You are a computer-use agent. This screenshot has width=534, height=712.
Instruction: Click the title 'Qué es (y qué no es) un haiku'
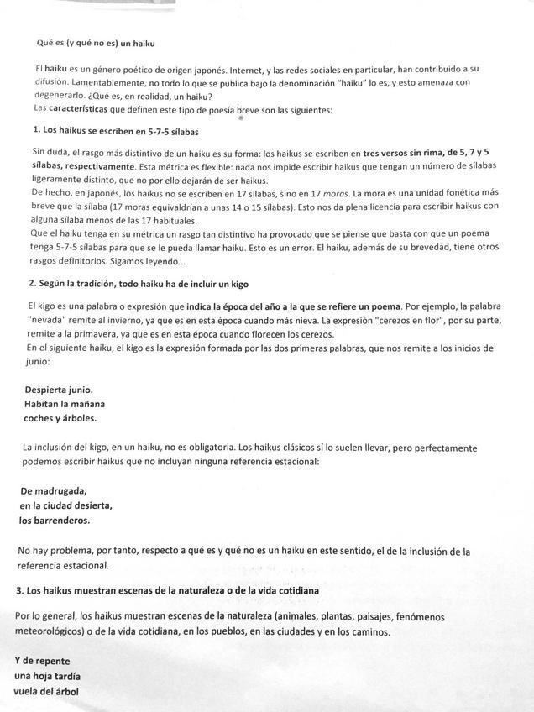(x=96, y=42)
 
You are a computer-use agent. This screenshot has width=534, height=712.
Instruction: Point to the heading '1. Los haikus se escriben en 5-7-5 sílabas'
(x=115, y=131)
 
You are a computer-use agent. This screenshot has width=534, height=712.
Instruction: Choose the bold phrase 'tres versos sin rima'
(x=406, y=153)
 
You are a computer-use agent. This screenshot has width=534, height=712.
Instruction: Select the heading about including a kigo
(x=138, y=283)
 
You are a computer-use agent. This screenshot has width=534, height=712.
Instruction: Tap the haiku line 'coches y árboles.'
(x=60, y=417)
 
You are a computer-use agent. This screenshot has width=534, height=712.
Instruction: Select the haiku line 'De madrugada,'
(x=54, y=491)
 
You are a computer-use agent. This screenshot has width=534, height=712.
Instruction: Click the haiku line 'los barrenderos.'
(x=55, y=521)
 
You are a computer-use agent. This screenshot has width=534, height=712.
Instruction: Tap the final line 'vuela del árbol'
(x=47, y=691)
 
